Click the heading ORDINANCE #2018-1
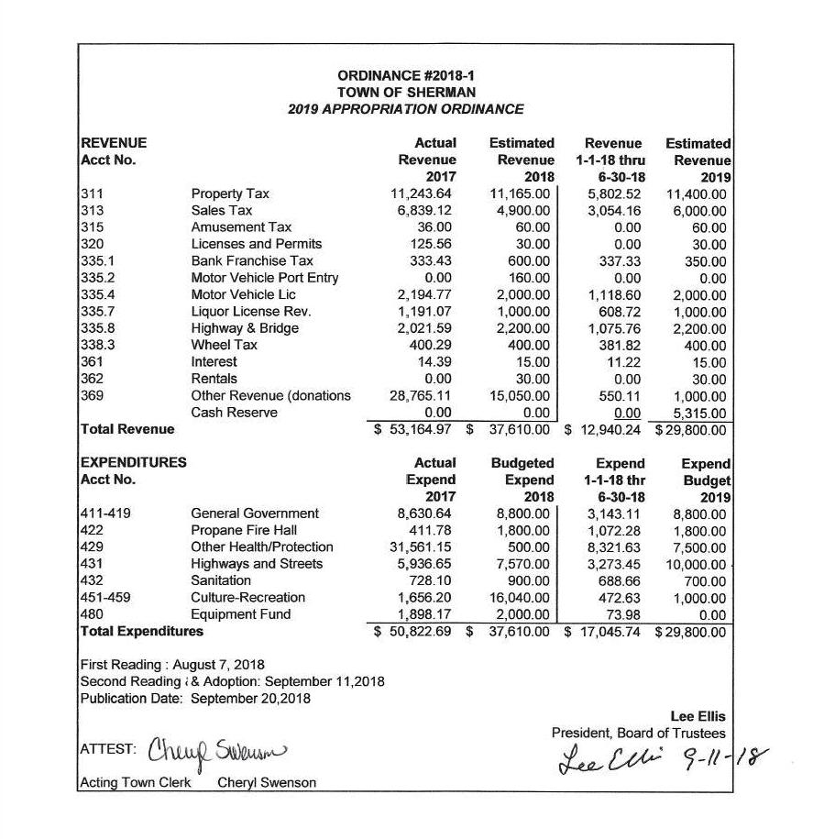406,76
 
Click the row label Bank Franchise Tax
252,261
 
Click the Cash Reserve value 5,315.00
698,413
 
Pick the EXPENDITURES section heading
134,463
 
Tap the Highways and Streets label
257,564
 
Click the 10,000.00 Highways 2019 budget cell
692,564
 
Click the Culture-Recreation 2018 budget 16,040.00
521,597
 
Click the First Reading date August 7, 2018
211,665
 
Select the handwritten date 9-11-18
725,758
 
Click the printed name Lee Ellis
698,717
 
